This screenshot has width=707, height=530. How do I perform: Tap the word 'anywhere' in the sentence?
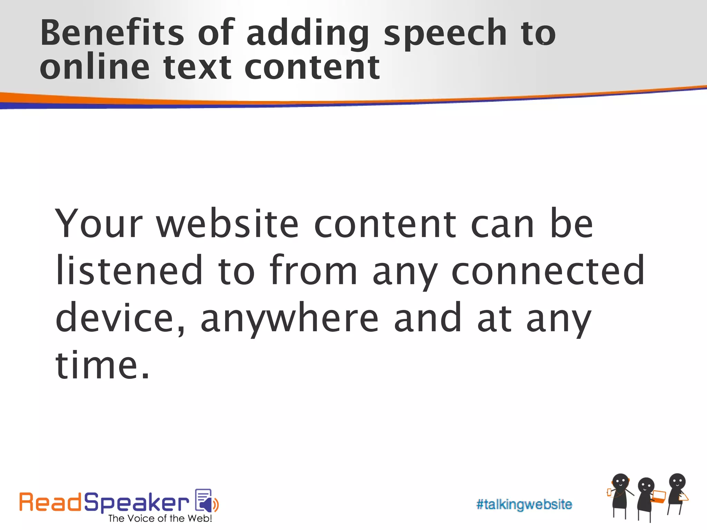click(x=290, y=318)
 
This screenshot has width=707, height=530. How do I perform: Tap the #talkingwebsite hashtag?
click(x=524, y=504)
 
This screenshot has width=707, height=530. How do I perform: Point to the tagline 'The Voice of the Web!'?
click(x=160, y=519)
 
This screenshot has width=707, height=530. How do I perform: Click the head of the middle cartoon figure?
click(x=646, y=486)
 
